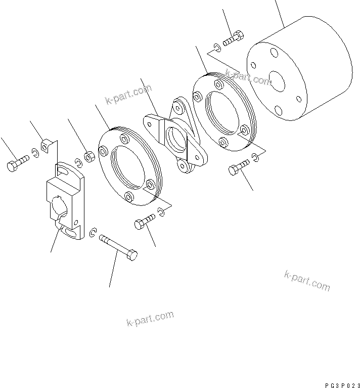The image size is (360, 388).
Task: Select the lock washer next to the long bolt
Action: pos(93,233)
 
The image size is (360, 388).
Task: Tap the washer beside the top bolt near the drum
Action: pos(216,48)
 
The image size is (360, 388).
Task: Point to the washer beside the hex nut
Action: pos(78,162)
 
